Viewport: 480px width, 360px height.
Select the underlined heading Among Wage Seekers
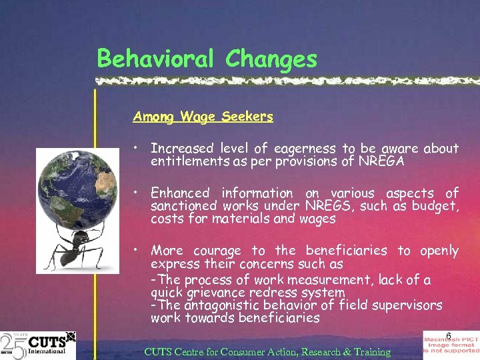203,117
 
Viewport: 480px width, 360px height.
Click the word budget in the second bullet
434,206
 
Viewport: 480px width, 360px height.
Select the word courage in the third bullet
217,251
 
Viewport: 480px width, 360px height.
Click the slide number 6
449,335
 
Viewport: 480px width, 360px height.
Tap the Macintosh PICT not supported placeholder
451,345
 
